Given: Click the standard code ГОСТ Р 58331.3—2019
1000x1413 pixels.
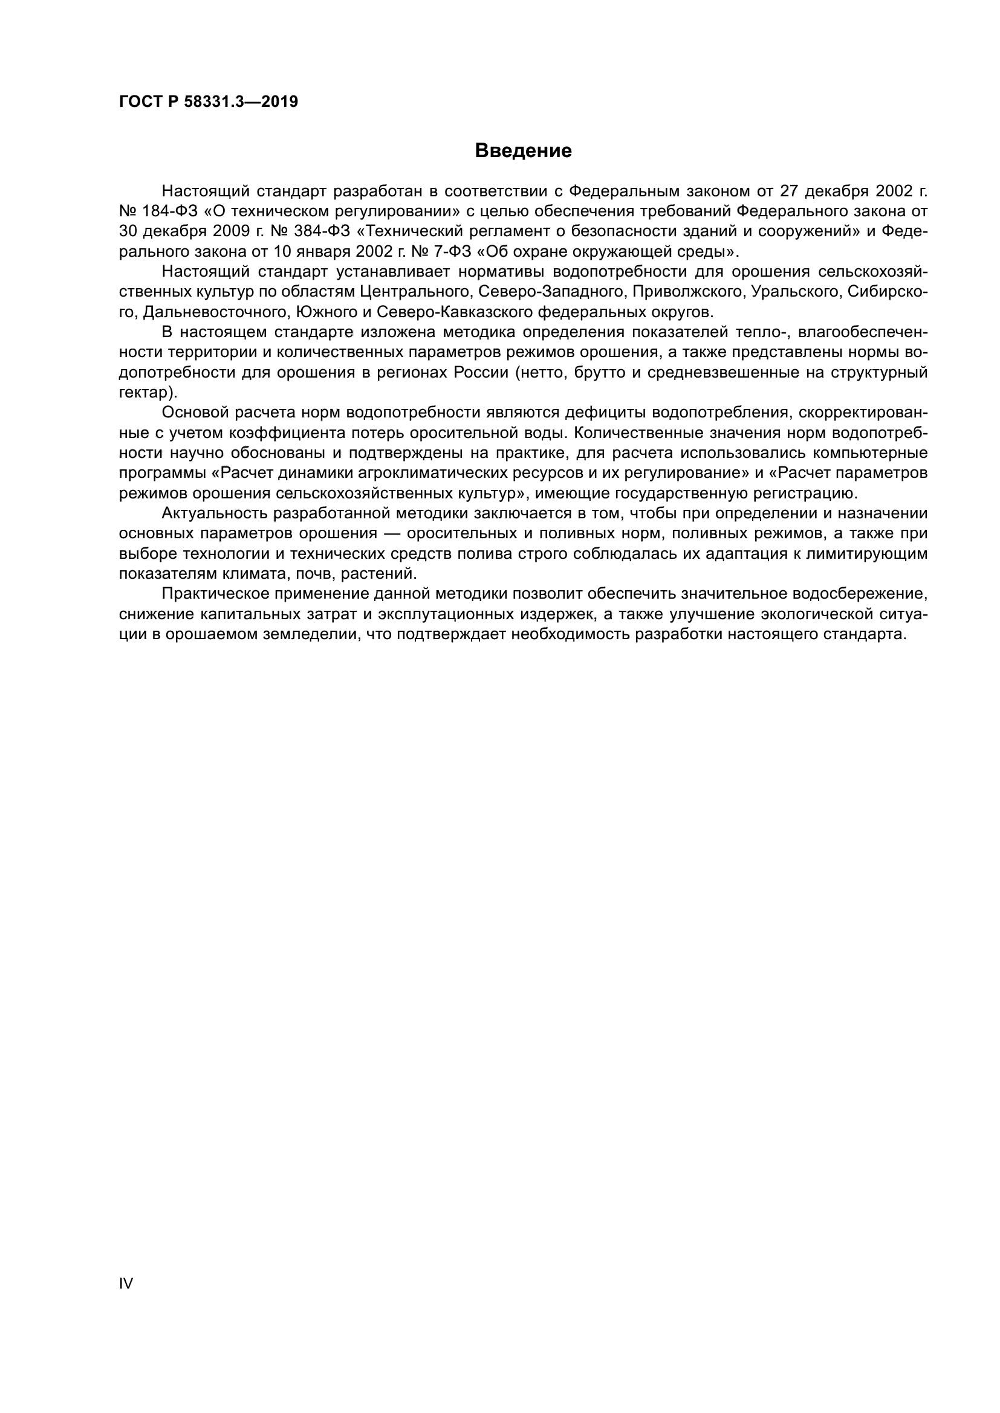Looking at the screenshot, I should coord(208,101).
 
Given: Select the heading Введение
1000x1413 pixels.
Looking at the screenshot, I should coord(524,151).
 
